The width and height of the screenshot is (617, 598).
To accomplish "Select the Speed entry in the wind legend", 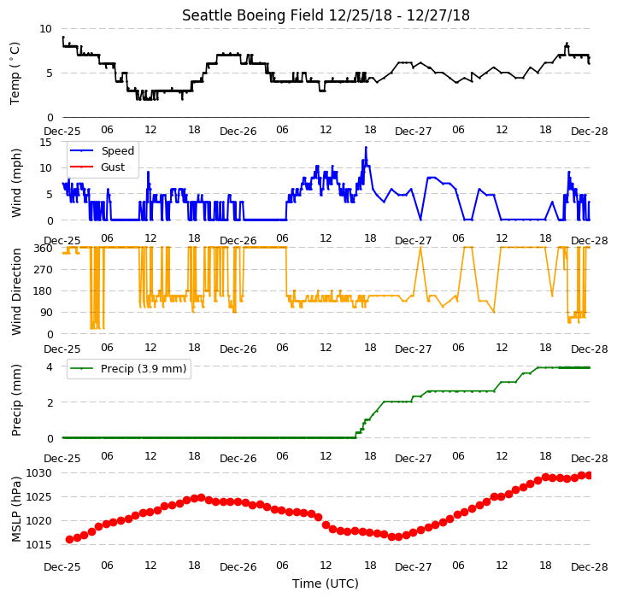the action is click(118, 150).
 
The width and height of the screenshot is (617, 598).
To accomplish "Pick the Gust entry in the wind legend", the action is click(113, 167).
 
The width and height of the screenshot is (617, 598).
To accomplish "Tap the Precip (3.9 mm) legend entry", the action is click(144, 369).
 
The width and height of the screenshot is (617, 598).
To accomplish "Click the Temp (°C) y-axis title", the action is click(15, 73).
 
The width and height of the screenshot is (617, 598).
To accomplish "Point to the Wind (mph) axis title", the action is click(15, 183).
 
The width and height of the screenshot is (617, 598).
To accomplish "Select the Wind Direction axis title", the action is click(15, 291).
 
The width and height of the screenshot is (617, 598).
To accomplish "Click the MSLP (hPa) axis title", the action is click(15, 509).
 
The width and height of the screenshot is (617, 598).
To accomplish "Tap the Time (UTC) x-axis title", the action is click(326, 583).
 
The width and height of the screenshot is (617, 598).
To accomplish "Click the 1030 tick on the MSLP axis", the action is click(39, 473).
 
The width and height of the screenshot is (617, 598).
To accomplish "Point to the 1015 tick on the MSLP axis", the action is click(39, 545).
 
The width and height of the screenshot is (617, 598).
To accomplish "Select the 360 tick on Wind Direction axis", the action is click(43, 249).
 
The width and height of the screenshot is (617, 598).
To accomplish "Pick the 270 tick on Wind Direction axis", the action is click(43, 270).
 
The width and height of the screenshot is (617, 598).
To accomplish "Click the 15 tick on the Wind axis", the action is click(45, 143).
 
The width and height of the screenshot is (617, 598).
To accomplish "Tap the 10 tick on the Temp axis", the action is click(45, 29).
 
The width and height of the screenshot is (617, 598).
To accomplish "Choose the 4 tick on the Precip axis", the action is click(50, 367).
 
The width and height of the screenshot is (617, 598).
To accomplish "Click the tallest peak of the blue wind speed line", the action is click(366, 147).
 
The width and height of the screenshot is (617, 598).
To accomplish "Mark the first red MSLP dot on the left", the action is click(69, 539).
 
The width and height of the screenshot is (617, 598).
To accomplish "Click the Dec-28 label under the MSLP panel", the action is click(589, 567).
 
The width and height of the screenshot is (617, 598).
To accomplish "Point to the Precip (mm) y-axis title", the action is click(15, 401).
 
